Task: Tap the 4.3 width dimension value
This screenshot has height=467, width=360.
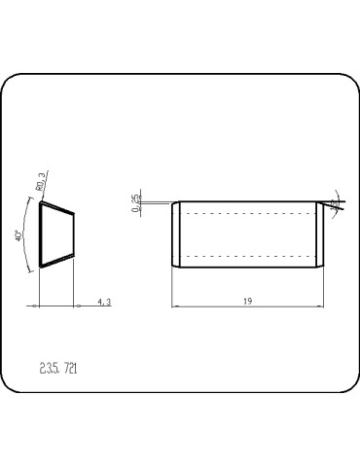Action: click(104, 303)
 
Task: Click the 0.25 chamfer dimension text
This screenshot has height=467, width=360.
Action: click(135, 202)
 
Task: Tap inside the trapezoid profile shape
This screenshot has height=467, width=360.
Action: click(56, 233)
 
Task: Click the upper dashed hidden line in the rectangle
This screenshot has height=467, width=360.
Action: click(248, 213)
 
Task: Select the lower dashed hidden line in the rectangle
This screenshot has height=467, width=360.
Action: click(248, 255)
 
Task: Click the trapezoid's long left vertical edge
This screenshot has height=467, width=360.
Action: click(39, 233)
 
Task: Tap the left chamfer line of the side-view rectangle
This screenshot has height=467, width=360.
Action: click(177, 233)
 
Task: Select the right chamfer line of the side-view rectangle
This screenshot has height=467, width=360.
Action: click(318, 233)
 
